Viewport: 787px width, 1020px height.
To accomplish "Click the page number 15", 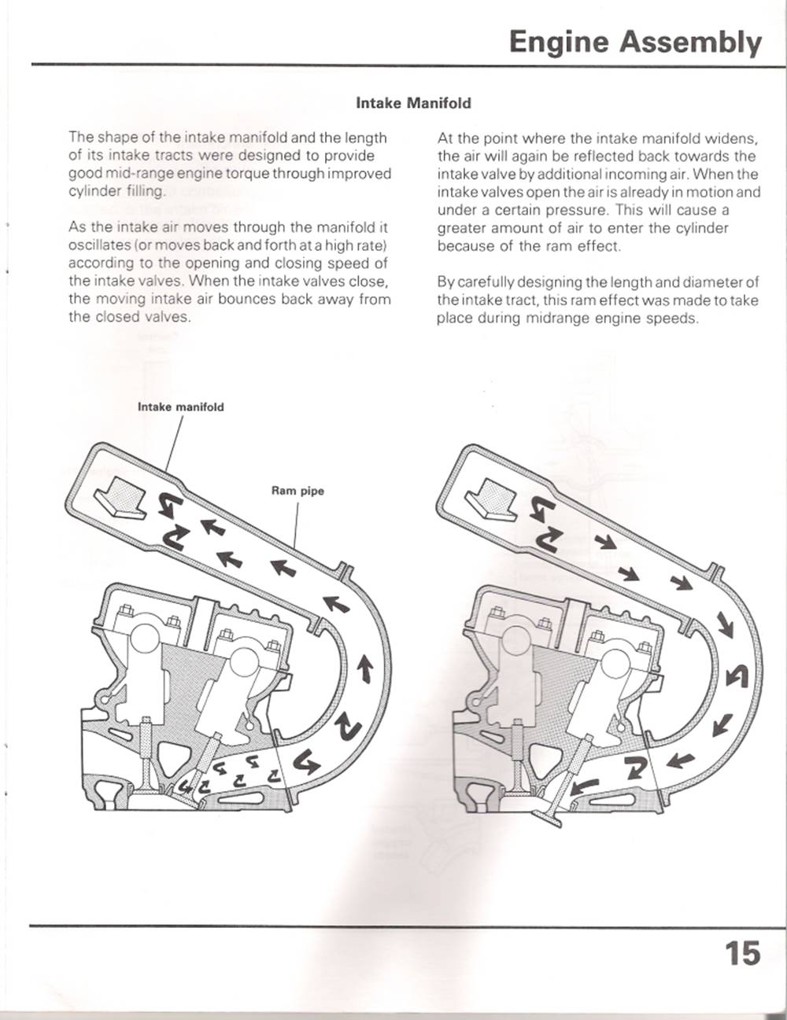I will [742, 953].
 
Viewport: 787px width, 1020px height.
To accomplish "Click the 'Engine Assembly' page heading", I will [635, 42].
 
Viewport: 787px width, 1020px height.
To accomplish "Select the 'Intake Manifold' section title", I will [413, 103].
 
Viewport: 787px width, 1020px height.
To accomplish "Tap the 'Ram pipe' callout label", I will [297, 491].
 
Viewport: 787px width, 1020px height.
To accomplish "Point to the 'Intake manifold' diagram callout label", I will [180, 407].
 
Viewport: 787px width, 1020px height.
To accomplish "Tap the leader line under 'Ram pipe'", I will [297, 523].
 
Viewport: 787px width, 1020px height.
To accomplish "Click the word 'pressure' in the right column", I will [575, 210].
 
